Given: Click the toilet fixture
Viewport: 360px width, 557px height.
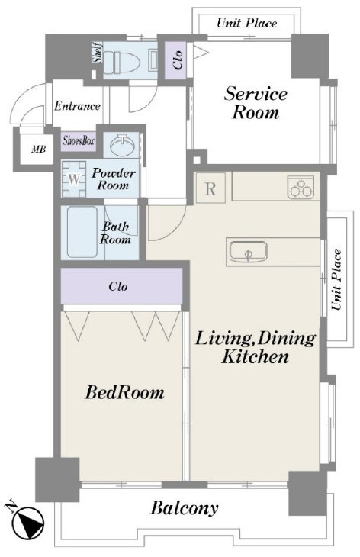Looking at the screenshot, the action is click(x=122, y=61).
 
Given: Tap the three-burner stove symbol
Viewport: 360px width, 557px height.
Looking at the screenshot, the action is click(x=301, y=186).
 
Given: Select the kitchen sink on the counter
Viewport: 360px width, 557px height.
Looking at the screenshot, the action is click(x=248, y=252).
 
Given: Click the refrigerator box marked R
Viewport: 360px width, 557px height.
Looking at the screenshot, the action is click(x=211, y=188).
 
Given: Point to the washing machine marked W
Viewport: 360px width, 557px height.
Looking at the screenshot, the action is click(x=74, y=179).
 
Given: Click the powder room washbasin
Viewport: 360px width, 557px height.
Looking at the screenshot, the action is click(x=122, y=145).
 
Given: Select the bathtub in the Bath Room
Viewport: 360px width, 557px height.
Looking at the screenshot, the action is click(x=82, y=232).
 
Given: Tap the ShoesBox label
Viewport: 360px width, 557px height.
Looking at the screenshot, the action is click(x=79, y=140).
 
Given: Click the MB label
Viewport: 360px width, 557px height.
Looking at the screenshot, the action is click(x=38, y=150).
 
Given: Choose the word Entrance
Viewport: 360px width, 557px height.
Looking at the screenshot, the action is click(x=77, y=106).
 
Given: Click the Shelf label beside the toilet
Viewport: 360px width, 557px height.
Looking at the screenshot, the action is click(x=98, y=52).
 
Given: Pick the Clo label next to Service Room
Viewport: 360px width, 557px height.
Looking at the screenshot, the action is click(x=177, y=60).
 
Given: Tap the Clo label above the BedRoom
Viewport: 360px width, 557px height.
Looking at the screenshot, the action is click(x=118, y=286).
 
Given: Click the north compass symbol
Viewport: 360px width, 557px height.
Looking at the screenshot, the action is click(x=27, y=522).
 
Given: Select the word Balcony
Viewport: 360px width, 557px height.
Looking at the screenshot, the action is click(x=184, y=508).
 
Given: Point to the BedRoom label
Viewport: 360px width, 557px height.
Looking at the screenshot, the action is click(x=124, y=392).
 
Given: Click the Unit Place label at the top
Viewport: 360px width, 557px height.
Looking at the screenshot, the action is click(x=247, y=24).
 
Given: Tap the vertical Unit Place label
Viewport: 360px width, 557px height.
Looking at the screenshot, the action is click(x=336, y=279).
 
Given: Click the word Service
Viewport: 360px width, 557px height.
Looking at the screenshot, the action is click(x=256, y=94).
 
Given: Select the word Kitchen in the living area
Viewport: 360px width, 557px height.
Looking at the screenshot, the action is click(x=255, y=356).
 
